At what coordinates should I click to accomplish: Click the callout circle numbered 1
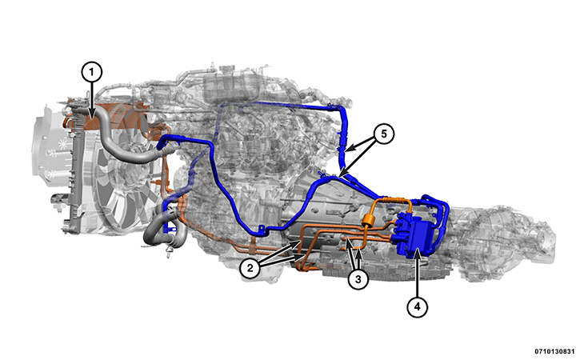(x=92, y=72)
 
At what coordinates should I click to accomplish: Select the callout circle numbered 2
(x=250, y=268)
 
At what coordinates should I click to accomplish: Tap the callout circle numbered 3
(x=358, y=279)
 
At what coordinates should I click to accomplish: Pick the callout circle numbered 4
(x=418, y=306)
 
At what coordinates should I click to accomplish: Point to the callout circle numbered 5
(x=383, y=134)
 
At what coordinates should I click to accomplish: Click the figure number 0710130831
(x=554, y=350)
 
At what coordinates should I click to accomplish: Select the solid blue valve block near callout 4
(x=416, y=236)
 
